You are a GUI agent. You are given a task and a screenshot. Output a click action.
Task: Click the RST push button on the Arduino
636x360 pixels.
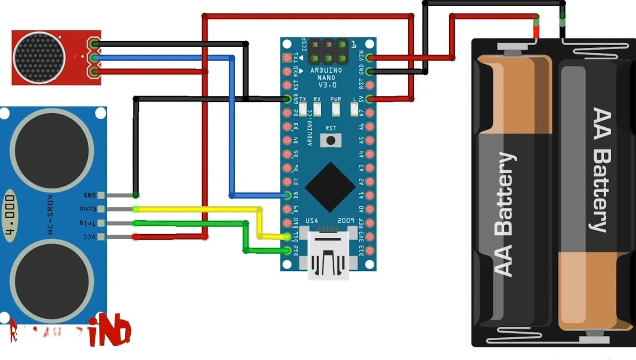(330, 140)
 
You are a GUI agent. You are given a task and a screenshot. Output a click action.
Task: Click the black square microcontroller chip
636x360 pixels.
(330, 187)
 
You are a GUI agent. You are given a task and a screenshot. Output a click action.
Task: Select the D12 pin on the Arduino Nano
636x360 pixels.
(287, 250)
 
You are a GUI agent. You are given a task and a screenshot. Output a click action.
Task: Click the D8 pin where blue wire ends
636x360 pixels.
(287, 195)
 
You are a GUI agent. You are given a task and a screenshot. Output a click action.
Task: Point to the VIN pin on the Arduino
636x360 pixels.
(370, 58)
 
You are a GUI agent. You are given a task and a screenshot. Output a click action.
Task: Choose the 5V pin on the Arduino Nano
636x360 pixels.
(370, 99)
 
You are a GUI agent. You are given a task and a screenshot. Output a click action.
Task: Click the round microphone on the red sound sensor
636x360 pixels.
(39, 57)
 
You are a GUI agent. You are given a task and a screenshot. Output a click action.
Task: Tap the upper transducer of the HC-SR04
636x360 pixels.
(52, 150)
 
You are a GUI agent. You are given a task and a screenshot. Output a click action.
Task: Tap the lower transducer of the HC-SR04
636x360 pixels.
(52, 281)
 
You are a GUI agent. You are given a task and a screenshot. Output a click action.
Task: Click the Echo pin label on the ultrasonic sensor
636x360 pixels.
(88, 208)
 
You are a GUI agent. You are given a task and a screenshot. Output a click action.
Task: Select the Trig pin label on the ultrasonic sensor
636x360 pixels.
(88, 222)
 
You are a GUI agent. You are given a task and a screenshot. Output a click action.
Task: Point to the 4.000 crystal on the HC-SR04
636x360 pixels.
(10, 215)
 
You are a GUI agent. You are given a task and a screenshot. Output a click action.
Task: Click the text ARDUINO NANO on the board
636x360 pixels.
(326, 74)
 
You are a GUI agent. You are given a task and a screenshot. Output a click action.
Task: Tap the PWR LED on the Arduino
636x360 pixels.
(336, 108)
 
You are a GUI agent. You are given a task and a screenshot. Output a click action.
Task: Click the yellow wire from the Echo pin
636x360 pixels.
(199, 209)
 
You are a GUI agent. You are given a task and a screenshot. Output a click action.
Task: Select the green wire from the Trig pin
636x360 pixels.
(191, 223)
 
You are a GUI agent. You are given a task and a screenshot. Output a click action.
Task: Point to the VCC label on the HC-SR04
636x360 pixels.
(89, 237)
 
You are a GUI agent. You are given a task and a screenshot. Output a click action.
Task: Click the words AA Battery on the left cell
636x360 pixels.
(504, 215)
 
